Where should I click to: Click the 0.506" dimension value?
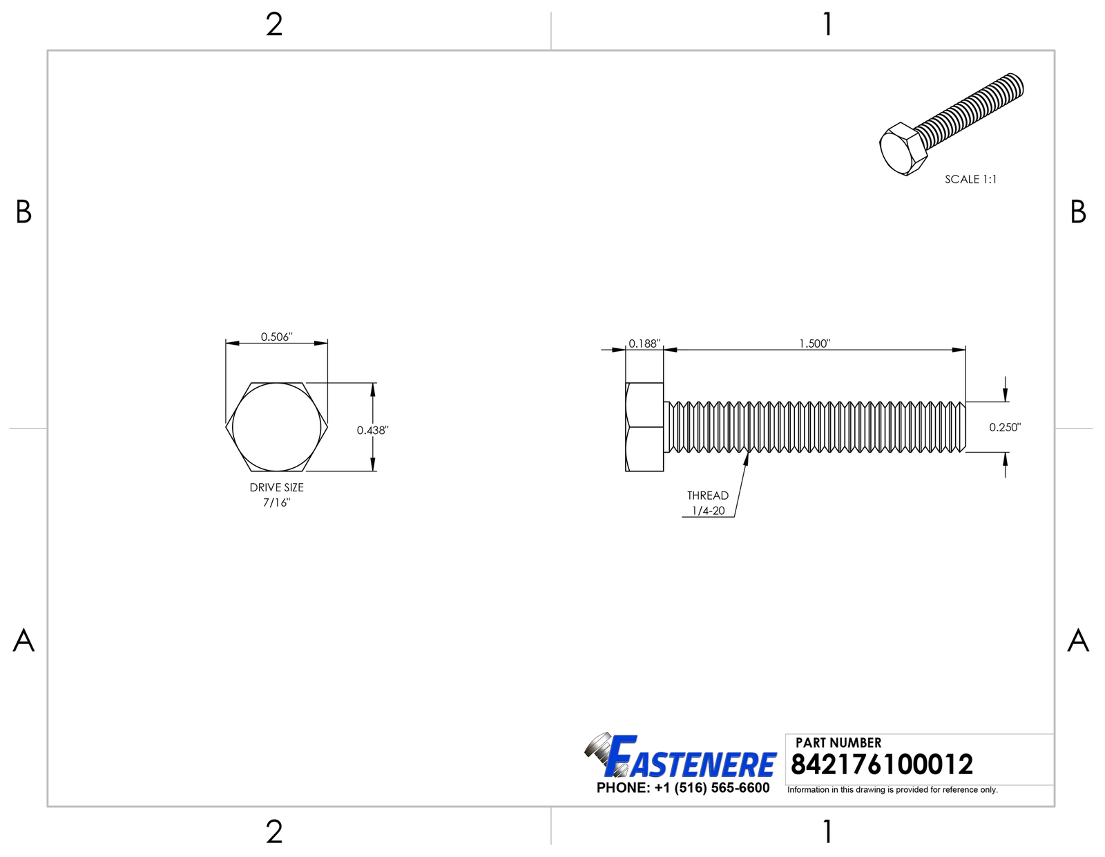[277, 337]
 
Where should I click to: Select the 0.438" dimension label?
[373, 431]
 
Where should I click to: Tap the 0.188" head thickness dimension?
[644, 343]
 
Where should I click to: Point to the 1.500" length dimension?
[815, 343]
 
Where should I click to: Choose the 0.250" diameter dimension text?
[1005, 428]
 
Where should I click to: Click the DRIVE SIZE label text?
[277, 487]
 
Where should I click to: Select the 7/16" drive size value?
[277, 503]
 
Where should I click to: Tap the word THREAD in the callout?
[708, 496]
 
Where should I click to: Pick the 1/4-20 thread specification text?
[709, 511]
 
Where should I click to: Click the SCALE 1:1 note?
[971, 179]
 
